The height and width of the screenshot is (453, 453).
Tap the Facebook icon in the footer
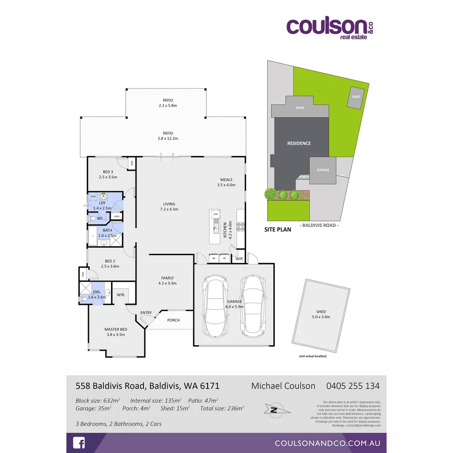(x=79, y=443)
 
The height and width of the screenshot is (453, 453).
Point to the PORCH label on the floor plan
(x=173, y=320)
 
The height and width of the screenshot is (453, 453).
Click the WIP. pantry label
(x=240, y=259)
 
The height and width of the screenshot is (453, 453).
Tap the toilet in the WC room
(x=92, y=219)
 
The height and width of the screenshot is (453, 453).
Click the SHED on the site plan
(x=356, y=97)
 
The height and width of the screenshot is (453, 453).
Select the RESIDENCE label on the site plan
(x=299, y=143)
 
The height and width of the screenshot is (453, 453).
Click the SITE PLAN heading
(x=278, y=230)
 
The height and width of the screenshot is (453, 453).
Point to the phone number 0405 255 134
(x=353, y=386)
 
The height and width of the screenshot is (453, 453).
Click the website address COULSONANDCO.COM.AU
(x=328, y=443)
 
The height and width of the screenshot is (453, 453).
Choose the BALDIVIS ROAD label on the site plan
(x=319, y=225)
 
